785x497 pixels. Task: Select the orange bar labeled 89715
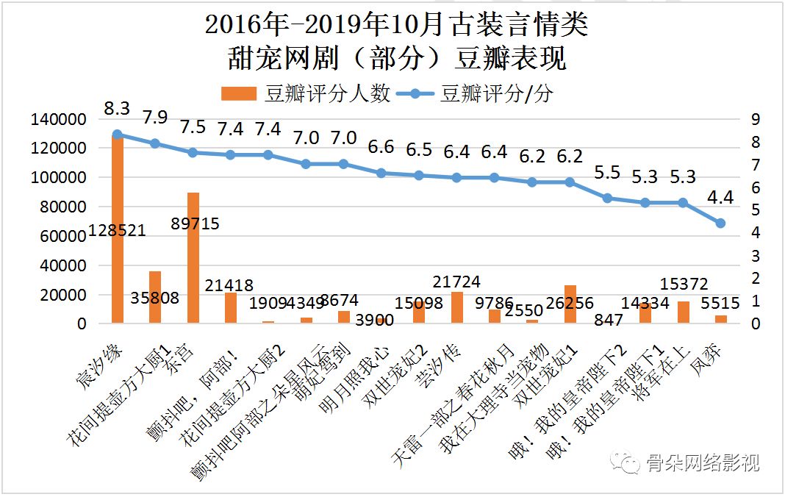coord(193,257)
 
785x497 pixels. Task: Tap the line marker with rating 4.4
coord(720,223)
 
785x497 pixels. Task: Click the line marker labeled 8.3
coord(117,135)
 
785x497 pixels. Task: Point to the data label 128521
coord(117,230)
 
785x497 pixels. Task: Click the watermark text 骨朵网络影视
coord(702,462)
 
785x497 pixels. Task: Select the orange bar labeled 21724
coord(456,307)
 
